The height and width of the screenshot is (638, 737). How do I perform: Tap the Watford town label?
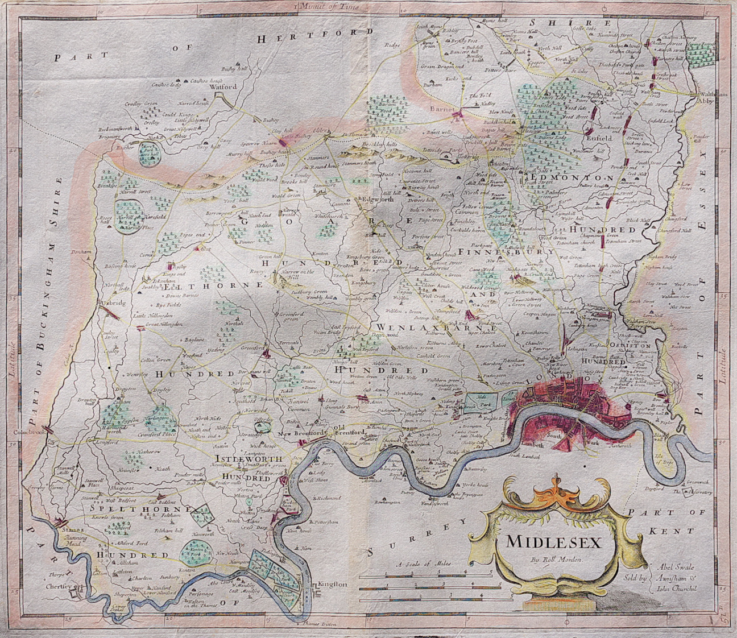tap(218, 88)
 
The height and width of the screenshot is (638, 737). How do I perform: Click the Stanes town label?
tap(67, 529)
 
